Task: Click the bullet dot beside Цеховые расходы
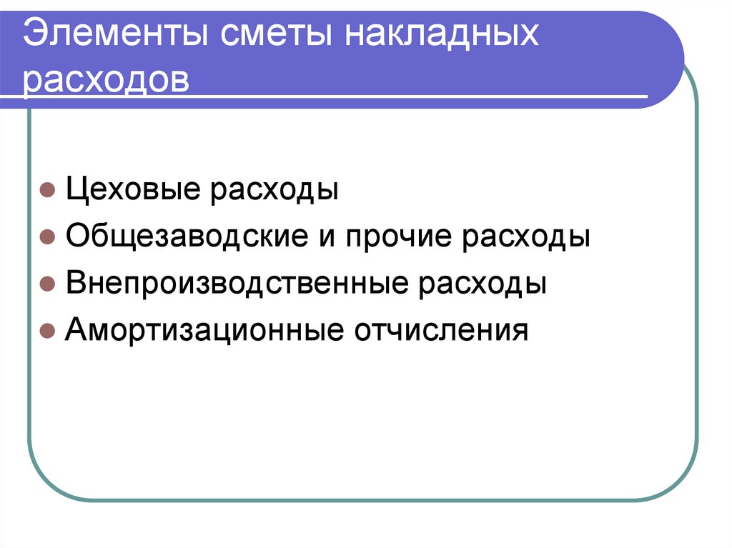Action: point(46,192)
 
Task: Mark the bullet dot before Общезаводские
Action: point(46,239)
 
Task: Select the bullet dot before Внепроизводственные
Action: point(46,284)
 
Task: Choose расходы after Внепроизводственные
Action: point(482,284)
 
